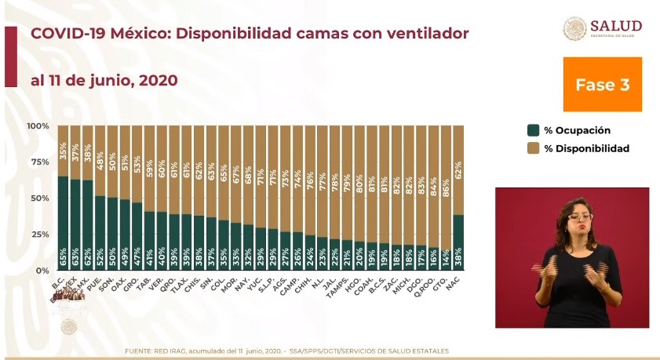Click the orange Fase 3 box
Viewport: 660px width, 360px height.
click(x=603, y=85)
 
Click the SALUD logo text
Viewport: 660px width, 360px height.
click(x=615, y=26)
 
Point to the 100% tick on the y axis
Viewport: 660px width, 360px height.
click(x=38, y=126)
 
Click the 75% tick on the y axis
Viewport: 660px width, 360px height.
click(x=39, y=162)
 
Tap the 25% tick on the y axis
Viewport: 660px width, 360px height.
click(x=39, y=235)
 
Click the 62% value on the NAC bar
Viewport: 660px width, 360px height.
click(x=458, y=168)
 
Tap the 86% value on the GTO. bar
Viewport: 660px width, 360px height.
click(x=445, y=168)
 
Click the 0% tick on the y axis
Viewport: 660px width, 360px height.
click(x=42, y=271)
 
